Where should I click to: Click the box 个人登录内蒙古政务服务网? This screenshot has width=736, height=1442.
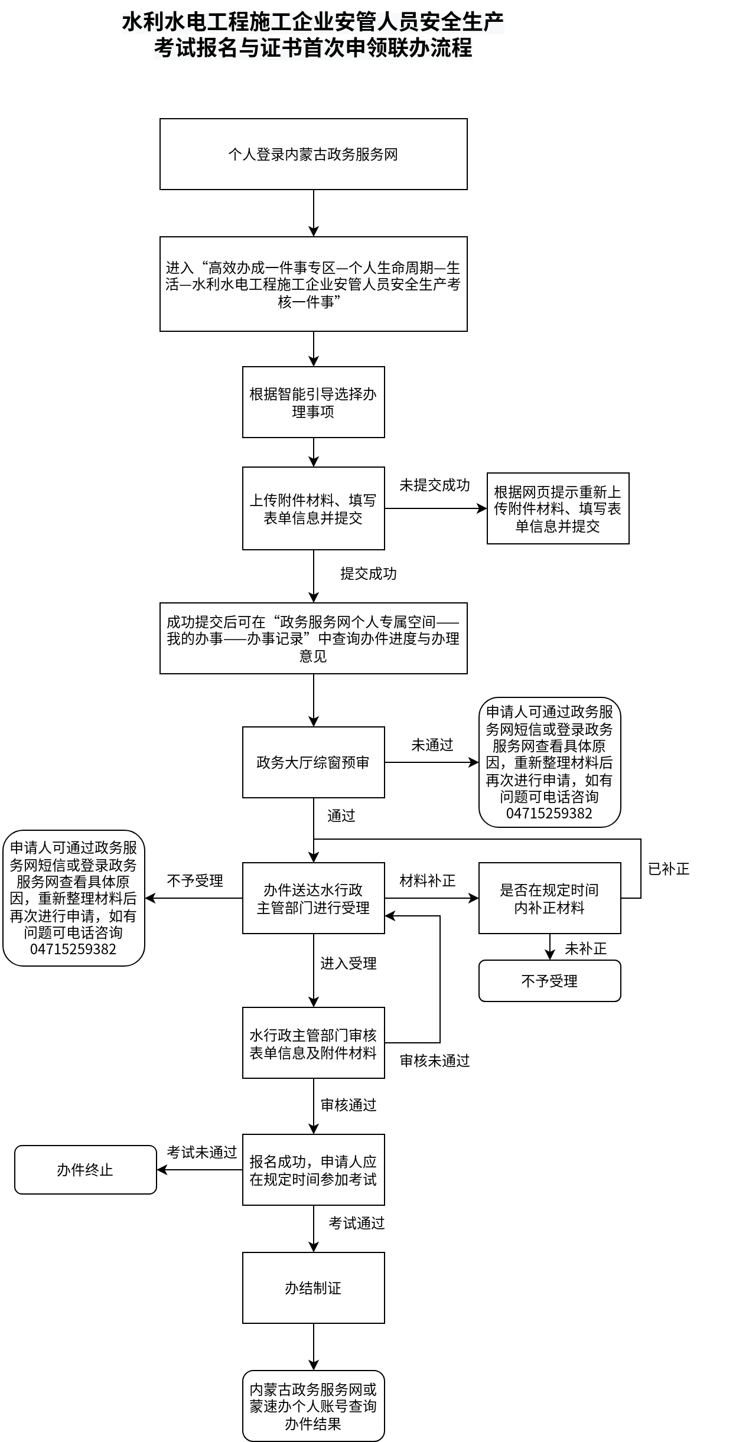313,154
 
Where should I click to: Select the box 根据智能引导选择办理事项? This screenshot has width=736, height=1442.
313,402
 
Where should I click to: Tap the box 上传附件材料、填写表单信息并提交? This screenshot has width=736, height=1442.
313,508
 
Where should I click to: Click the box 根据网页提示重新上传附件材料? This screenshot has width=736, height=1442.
558,508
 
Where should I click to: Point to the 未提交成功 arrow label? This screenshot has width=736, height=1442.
435,485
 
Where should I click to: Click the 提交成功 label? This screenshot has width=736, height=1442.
369,574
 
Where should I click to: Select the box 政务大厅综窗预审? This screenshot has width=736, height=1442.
313,762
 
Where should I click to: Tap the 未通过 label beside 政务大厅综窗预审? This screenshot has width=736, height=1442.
432,745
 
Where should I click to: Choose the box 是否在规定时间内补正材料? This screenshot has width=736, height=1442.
549,898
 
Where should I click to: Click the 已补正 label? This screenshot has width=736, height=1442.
669,869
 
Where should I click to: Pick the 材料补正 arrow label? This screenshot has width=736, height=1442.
428,881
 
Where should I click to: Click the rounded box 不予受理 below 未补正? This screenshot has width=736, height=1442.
549,981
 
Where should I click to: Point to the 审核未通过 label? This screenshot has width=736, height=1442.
435,1061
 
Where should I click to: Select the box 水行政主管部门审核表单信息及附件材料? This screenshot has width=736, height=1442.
313,1043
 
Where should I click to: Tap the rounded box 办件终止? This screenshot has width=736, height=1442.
85,1170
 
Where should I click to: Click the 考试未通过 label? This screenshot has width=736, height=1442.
202,1152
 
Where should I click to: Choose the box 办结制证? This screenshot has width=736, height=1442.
313,1288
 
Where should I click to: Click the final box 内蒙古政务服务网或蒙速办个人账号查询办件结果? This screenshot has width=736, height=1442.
313,1406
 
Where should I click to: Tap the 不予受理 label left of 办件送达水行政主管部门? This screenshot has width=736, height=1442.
195,881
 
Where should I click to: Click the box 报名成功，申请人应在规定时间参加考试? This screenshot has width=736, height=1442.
313,1170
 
